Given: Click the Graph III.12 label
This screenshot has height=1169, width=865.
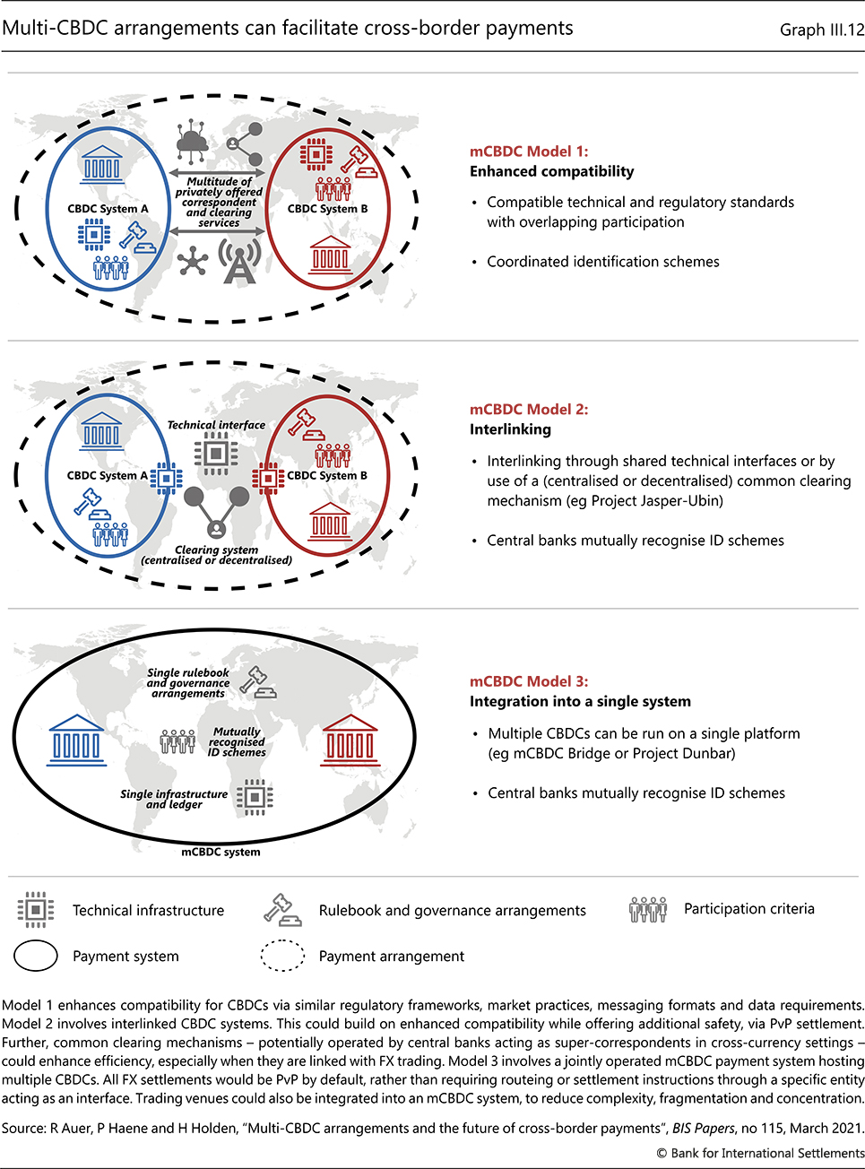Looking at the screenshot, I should [821, 30].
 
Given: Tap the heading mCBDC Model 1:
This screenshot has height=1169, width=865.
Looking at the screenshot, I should [529, 152].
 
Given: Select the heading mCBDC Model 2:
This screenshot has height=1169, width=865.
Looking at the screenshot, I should [529, 409].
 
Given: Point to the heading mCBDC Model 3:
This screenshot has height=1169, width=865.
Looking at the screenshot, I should [529, 681].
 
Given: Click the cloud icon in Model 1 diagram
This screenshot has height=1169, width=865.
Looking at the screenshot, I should [193, 142].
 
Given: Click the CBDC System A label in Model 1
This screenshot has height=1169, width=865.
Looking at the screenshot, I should [108, 209].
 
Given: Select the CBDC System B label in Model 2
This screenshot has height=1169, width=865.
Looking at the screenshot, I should [327, 475].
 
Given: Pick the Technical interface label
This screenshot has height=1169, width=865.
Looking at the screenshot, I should [216, 425].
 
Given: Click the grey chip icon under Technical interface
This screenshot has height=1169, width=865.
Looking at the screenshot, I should [216, 453].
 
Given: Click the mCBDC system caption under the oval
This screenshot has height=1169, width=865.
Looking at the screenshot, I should [221, 852].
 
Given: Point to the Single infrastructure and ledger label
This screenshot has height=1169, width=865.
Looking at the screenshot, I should [174, 799].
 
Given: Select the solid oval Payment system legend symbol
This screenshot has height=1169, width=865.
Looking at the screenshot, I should [36, 957].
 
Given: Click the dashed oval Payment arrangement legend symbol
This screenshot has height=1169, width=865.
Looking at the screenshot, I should [282, 956].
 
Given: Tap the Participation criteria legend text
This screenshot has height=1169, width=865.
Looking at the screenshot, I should [749, 909].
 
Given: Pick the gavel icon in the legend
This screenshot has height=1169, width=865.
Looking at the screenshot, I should [282, 909].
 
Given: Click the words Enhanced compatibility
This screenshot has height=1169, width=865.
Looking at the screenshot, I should [552, 171].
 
